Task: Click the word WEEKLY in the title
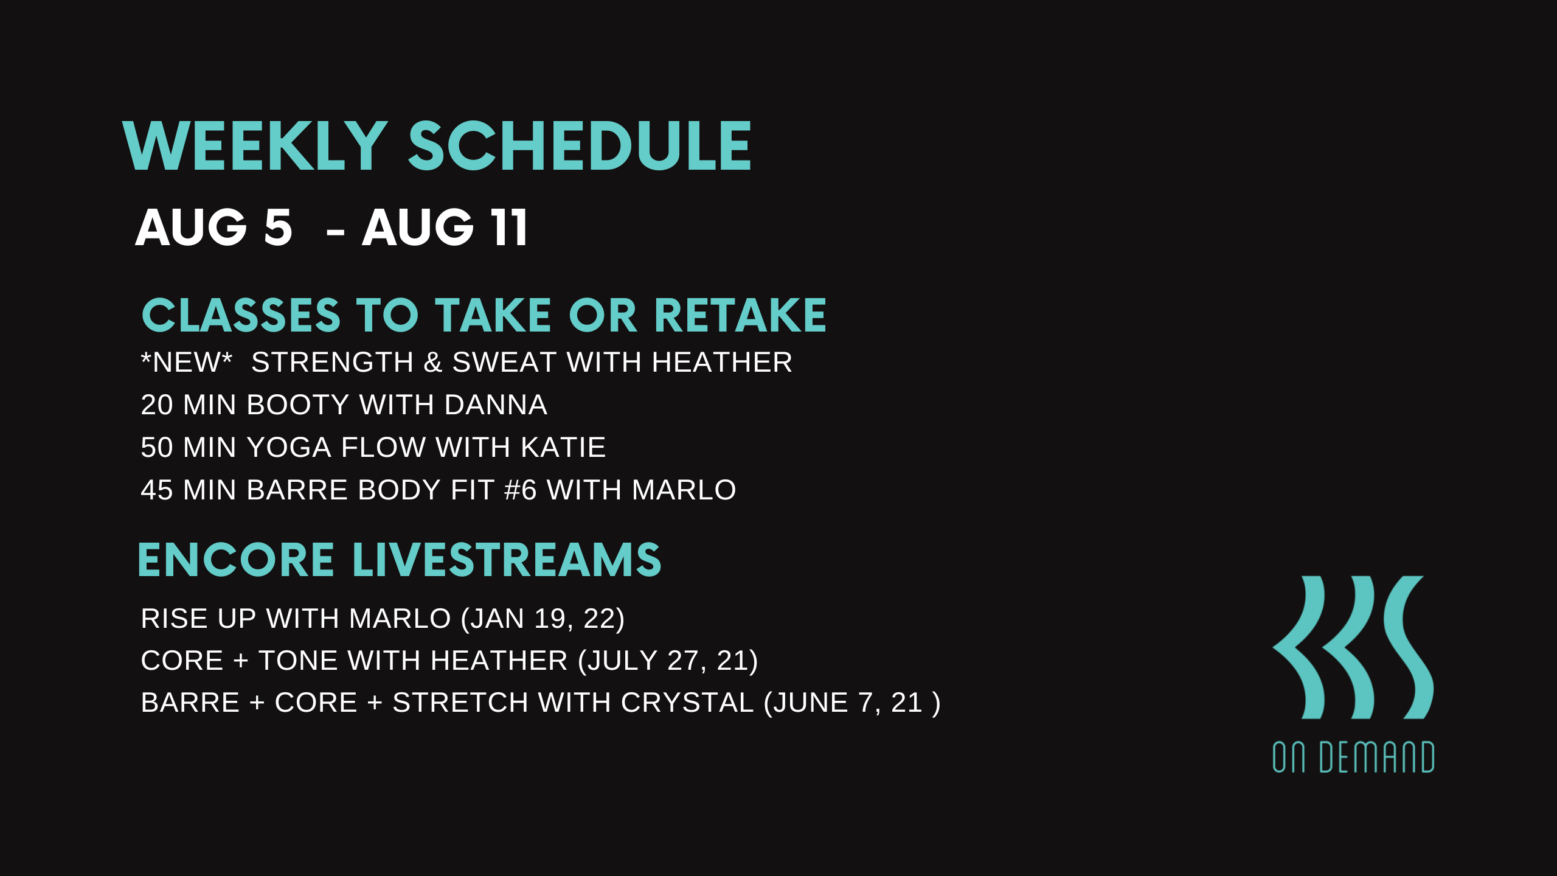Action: (x=255, y=146)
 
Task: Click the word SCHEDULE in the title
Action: (x=580, y=146)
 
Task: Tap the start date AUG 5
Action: (x=213, y=227)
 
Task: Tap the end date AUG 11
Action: (x=445, y=227)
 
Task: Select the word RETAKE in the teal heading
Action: (x=740, y=316)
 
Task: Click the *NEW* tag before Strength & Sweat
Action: (x=187, y=363)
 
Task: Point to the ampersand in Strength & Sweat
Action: (x=433, y=363)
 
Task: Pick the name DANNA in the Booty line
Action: (x=496, y=405)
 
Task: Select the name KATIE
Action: (x=563, y=448)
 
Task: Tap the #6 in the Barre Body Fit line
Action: (x=521, y=490)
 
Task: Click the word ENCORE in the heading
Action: (x=236, y=560)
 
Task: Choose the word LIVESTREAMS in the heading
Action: (x=507, y=560)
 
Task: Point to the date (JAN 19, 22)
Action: (x=543, y=619)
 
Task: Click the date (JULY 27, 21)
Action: (x=668, y=661)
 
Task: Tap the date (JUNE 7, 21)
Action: (x=852, y=703)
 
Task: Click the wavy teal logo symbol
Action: (x=1353, y=647)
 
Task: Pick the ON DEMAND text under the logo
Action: (x=1353, y=757)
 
